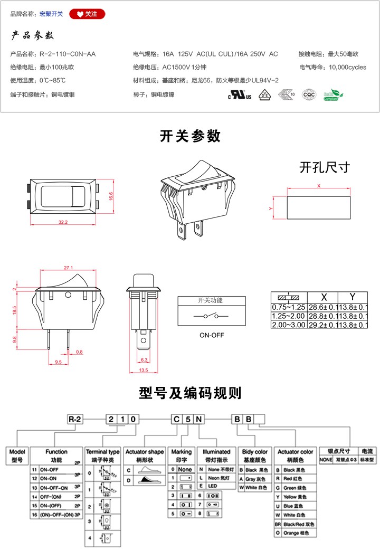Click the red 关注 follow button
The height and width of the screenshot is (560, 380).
point(87,14)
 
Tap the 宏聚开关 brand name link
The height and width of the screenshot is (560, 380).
point(51,14)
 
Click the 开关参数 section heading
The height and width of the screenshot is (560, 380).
point(190,136)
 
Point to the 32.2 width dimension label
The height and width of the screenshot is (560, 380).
point(63,222)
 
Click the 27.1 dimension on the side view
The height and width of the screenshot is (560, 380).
point(68,268)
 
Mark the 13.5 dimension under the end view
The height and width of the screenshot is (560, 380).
point(142,371)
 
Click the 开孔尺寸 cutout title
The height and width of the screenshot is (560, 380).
point(324,168)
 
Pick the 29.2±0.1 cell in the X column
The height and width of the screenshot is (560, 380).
point(322,325)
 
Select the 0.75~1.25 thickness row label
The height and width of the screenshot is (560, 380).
point(289,307)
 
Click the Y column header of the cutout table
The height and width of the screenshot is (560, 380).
point(352,297)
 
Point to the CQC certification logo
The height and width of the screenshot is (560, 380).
point(309,95)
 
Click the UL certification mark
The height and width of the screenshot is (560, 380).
point(237,96)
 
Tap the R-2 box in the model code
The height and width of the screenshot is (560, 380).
point(75,420)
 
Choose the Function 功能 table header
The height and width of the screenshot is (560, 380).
point(56,455)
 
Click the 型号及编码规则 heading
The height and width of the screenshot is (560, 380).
point(190,393)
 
